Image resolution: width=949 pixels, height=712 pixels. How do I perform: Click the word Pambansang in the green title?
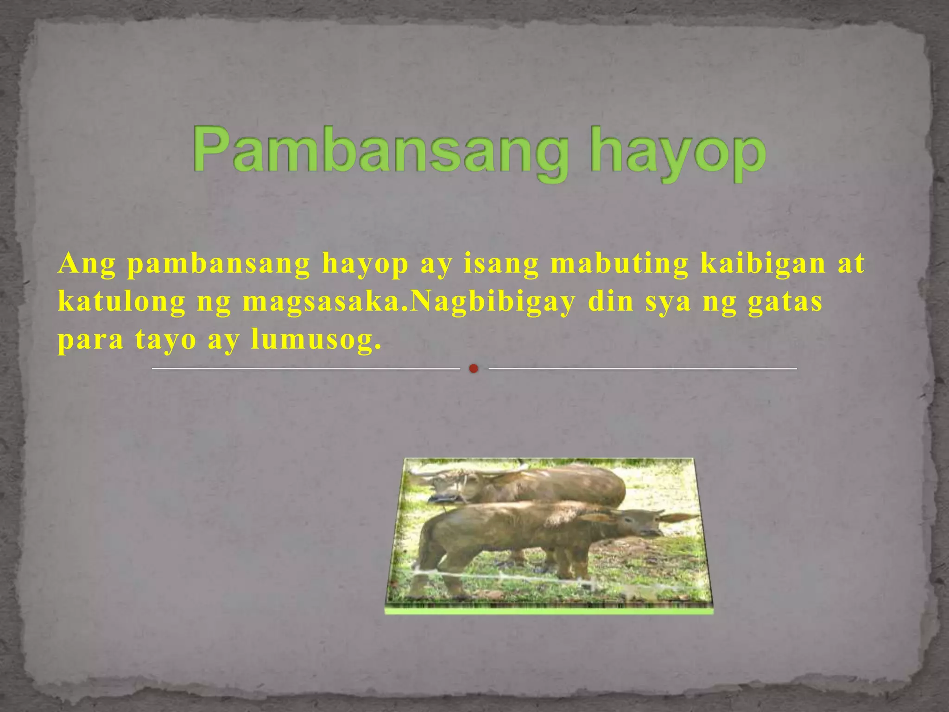point(380,151)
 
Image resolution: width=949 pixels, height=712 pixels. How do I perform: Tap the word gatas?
point(785,302)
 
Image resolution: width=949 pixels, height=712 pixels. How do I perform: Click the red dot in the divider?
point(473,369)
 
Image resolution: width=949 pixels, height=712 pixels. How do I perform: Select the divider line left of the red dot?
point(306,369)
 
